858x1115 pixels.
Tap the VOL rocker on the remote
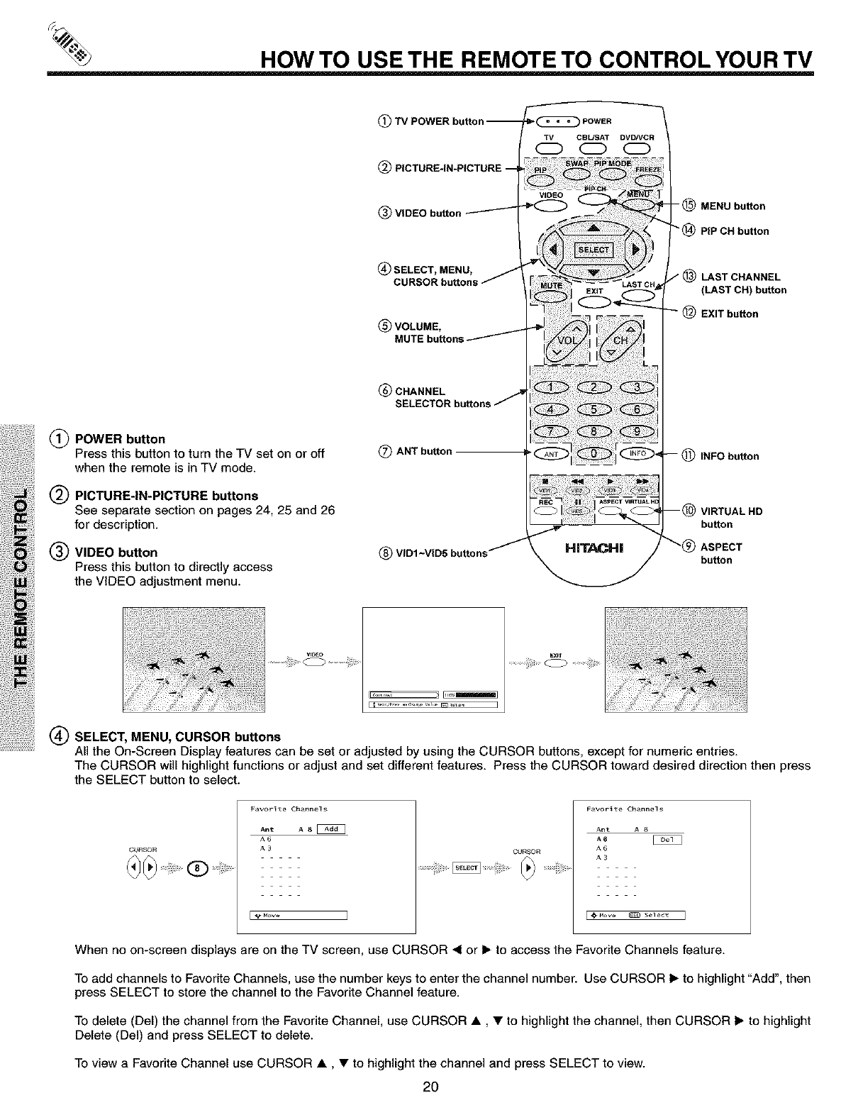click(566, 338)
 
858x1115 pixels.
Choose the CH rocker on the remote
click(621, 338)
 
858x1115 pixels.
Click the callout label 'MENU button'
click(732, 206)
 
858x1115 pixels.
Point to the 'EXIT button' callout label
click(729, 314)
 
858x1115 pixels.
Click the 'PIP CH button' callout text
click(734, 231)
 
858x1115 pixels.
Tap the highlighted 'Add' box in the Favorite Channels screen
click(333, 829)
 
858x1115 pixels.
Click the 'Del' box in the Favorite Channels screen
click(666, 840)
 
